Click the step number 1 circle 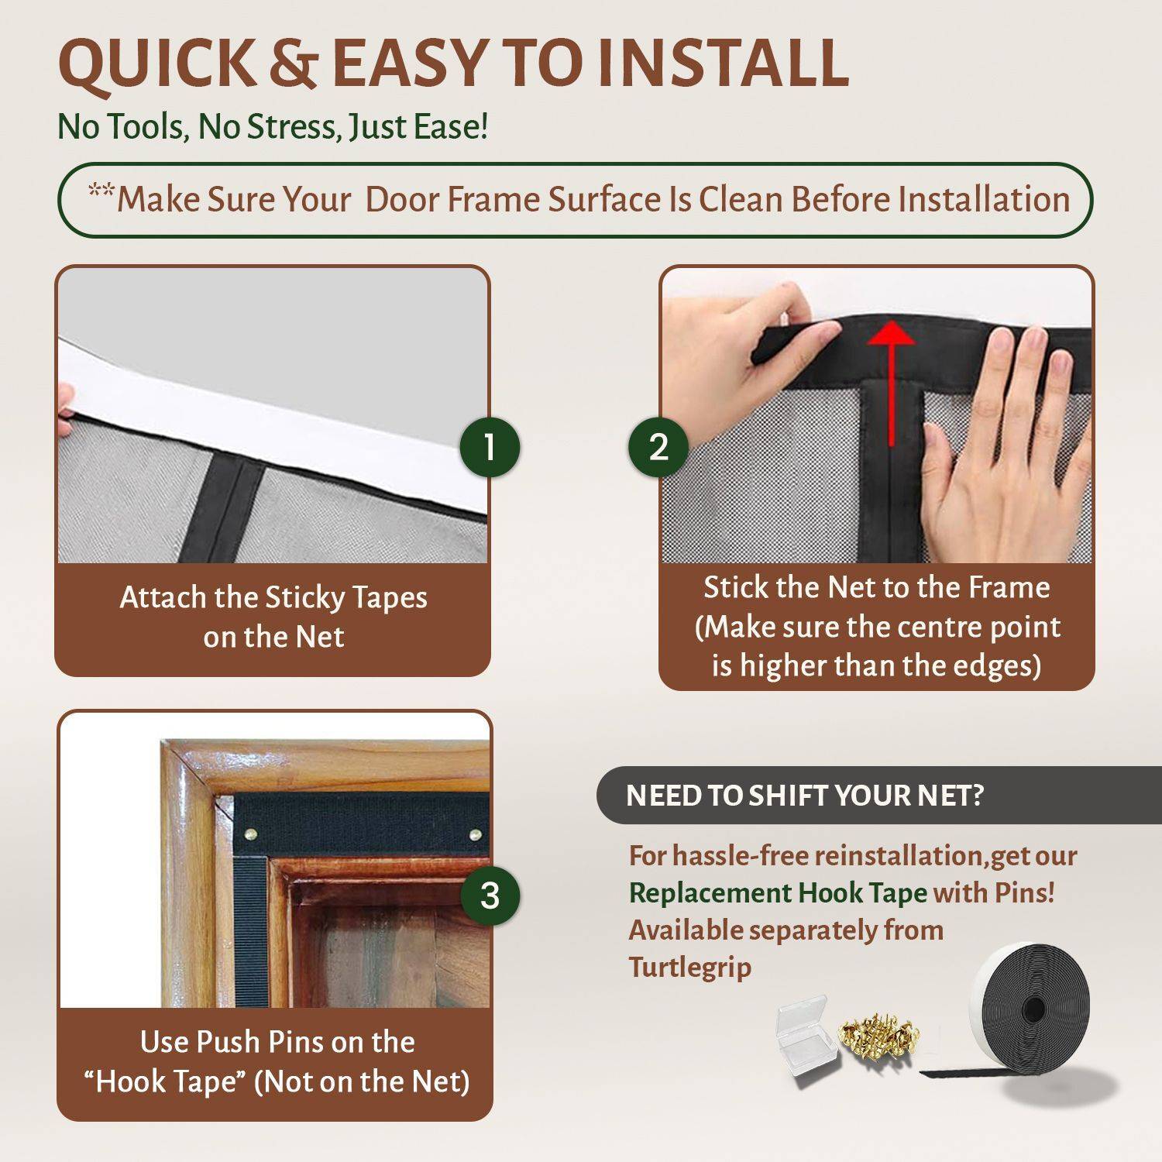click(490, 447)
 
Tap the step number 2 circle click(658, 447)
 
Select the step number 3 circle click(490, 896)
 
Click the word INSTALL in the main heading click(724, 63)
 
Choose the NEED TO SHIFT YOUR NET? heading click(804, 796)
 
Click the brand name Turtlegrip click(689, 968)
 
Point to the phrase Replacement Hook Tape click(778, 893)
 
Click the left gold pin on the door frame click(251, 834)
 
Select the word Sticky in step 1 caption click(304, 598)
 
